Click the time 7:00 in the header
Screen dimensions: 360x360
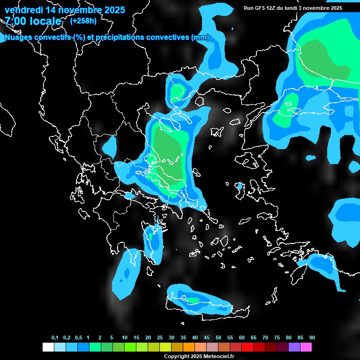15,22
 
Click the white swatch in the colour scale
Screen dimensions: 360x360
48,347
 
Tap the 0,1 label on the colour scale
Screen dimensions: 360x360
55,337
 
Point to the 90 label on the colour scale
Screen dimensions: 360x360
312,337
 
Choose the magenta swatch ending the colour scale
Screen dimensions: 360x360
306,347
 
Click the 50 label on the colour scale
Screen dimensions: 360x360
218,337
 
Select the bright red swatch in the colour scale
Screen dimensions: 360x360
247,347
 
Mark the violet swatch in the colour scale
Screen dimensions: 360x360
294,347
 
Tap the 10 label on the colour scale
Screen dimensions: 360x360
125,337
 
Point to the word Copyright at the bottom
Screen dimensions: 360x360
177,357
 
